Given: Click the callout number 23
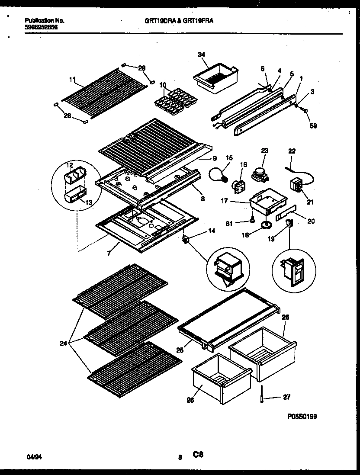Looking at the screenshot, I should [x=265, y=151].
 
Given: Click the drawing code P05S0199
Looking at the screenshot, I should [x=302, y=417].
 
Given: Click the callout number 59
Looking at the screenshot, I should [x=313, y=126].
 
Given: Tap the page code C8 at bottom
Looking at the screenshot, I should [x=198, y=454].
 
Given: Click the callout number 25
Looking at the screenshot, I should [x=180, y=350].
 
